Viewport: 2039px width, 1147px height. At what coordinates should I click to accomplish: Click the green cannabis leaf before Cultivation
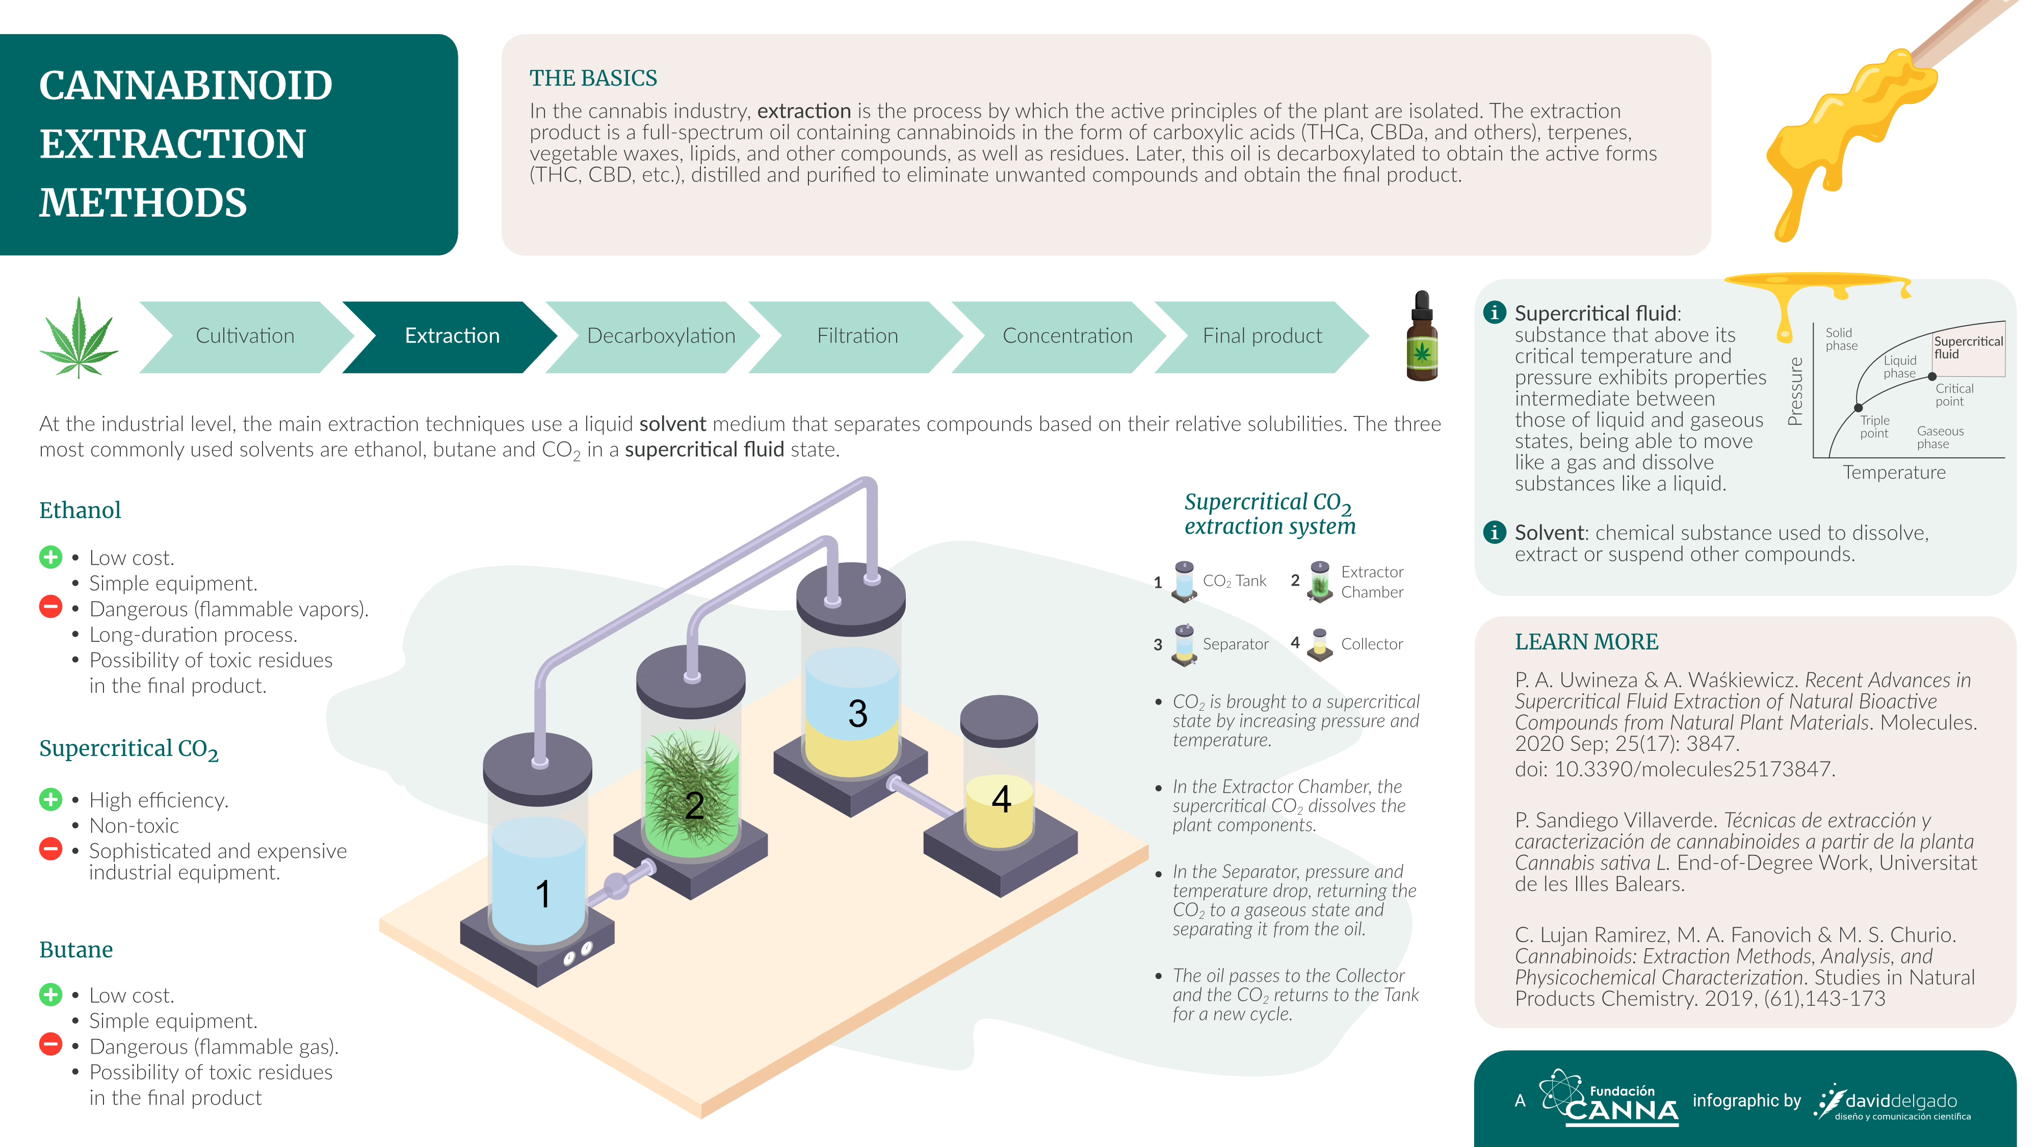tap(79, 338)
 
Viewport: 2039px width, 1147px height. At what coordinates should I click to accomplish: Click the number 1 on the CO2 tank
tap(543, 895)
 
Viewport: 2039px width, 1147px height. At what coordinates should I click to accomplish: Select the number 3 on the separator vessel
tap(857, 713)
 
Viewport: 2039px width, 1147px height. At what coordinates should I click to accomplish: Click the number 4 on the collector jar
tap(1001, 799)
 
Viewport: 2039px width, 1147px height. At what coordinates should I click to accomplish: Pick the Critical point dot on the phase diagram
tap(1932, 377)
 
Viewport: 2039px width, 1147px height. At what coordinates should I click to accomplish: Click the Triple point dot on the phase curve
tap(1859, 408)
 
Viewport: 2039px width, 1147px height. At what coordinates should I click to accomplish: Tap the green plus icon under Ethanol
tap(50, 557)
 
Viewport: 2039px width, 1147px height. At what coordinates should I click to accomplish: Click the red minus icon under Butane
tap(50, 1045)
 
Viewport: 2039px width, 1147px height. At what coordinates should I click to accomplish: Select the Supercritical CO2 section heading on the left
tap(129, 749)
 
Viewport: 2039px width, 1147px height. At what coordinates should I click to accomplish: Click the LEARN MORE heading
tap(1586, 642)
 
